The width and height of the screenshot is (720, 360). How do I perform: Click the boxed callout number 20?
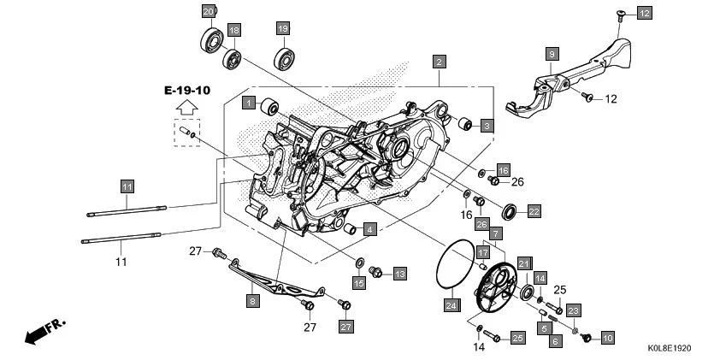point(209,11)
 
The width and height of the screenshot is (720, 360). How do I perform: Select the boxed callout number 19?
point(281,28)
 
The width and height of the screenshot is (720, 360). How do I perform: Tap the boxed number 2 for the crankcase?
point(439,62)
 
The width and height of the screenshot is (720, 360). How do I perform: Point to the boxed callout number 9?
point(552,54)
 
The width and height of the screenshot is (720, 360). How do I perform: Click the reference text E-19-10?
point(188,90)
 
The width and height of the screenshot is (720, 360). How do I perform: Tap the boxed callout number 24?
point(450,303)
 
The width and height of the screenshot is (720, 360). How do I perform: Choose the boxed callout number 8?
point(252,300)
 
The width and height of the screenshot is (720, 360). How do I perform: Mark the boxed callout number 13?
point(399,274)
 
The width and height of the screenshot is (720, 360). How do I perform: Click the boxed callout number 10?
point(608,339)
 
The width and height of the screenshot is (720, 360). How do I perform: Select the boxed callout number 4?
point(369,229)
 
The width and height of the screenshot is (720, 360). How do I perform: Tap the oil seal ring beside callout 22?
point(509,210)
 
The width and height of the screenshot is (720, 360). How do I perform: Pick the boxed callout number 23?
point(574,310)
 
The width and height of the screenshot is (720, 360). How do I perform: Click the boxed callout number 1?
point(249,103)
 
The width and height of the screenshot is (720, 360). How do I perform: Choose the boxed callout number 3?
point(486,126)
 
